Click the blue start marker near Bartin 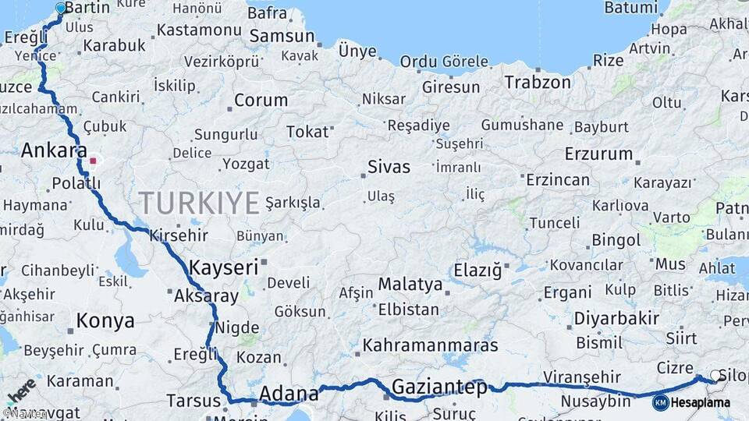point(61,9)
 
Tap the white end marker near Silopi point(715,376)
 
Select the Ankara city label point(54,150)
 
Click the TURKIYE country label point(199,203)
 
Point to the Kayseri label point(223,267)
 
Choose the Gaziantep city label point(439,387)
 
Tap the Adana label point(289,392)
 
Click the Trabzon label point(538,82)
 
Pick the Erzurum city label point(598,153)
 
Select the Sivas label point(389,165)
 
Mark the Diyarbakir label point(616,318)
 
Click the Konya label point(105,320)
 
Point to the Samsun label point(282,36)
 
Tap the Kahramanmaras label point(430,345)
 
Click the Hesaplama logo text point(701,403)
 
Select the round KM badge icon point(660,403)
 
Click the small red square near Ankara point(93,161)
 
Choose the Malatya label point(410,284)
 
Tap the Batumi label point(630,8)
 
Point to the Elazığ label point(477,271)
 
